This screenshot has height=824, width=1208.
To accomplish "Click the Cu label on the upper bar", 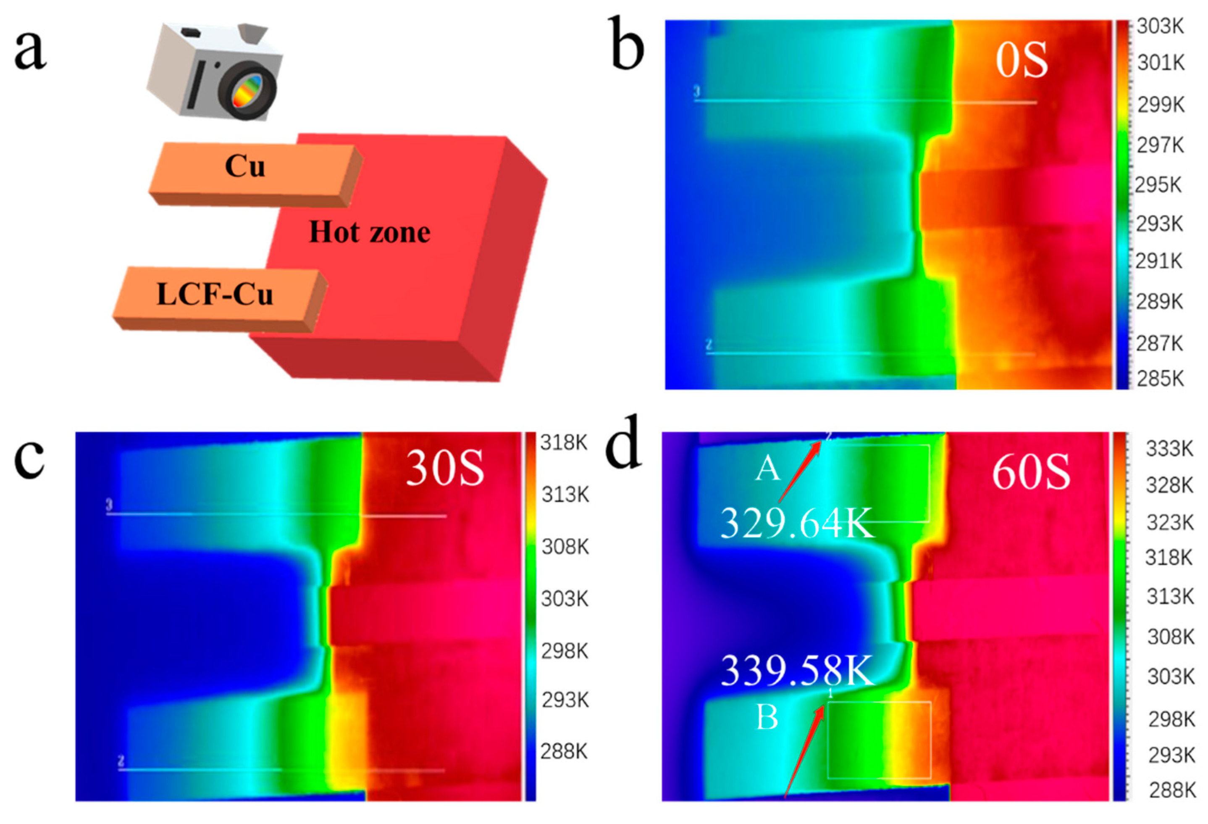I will tap(245, 166).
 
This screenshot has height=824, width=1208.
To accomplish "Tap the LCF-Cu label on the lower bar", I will tap(215, 294).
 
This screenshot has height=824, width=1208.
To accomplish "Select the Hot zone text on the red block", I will tap(370, 232).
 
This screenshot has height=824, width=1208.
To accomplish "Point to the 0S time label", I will tap(1022, 61).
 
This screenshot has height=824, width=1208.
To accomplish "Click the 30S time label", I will tap(445, 469).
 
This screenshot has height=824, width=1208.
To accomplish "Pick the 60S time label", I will tap(1031, 473).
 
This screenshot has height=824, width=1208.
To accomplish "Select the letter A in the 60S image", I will tap(768, 469).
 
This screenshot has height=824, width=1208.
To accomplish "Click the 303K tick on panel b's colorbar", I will tap(1160, 26).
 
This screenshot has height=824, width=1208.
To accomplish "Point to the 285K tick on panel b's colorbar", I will tap(1160, 379).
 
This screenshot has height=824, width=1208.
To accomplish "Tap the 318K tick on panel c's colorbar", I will tap(564, 442).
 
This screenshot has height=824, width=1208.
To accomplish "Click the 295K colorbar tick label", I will tap(1158, 185).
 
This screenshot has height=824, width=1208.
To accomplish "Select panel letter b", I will tap(626, 44).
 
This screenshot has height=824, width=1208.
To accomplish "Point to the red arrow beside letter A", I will tap(799, 471).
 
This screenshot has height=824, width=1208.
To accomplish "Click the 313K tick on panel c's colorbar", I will tap(565, 495).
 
